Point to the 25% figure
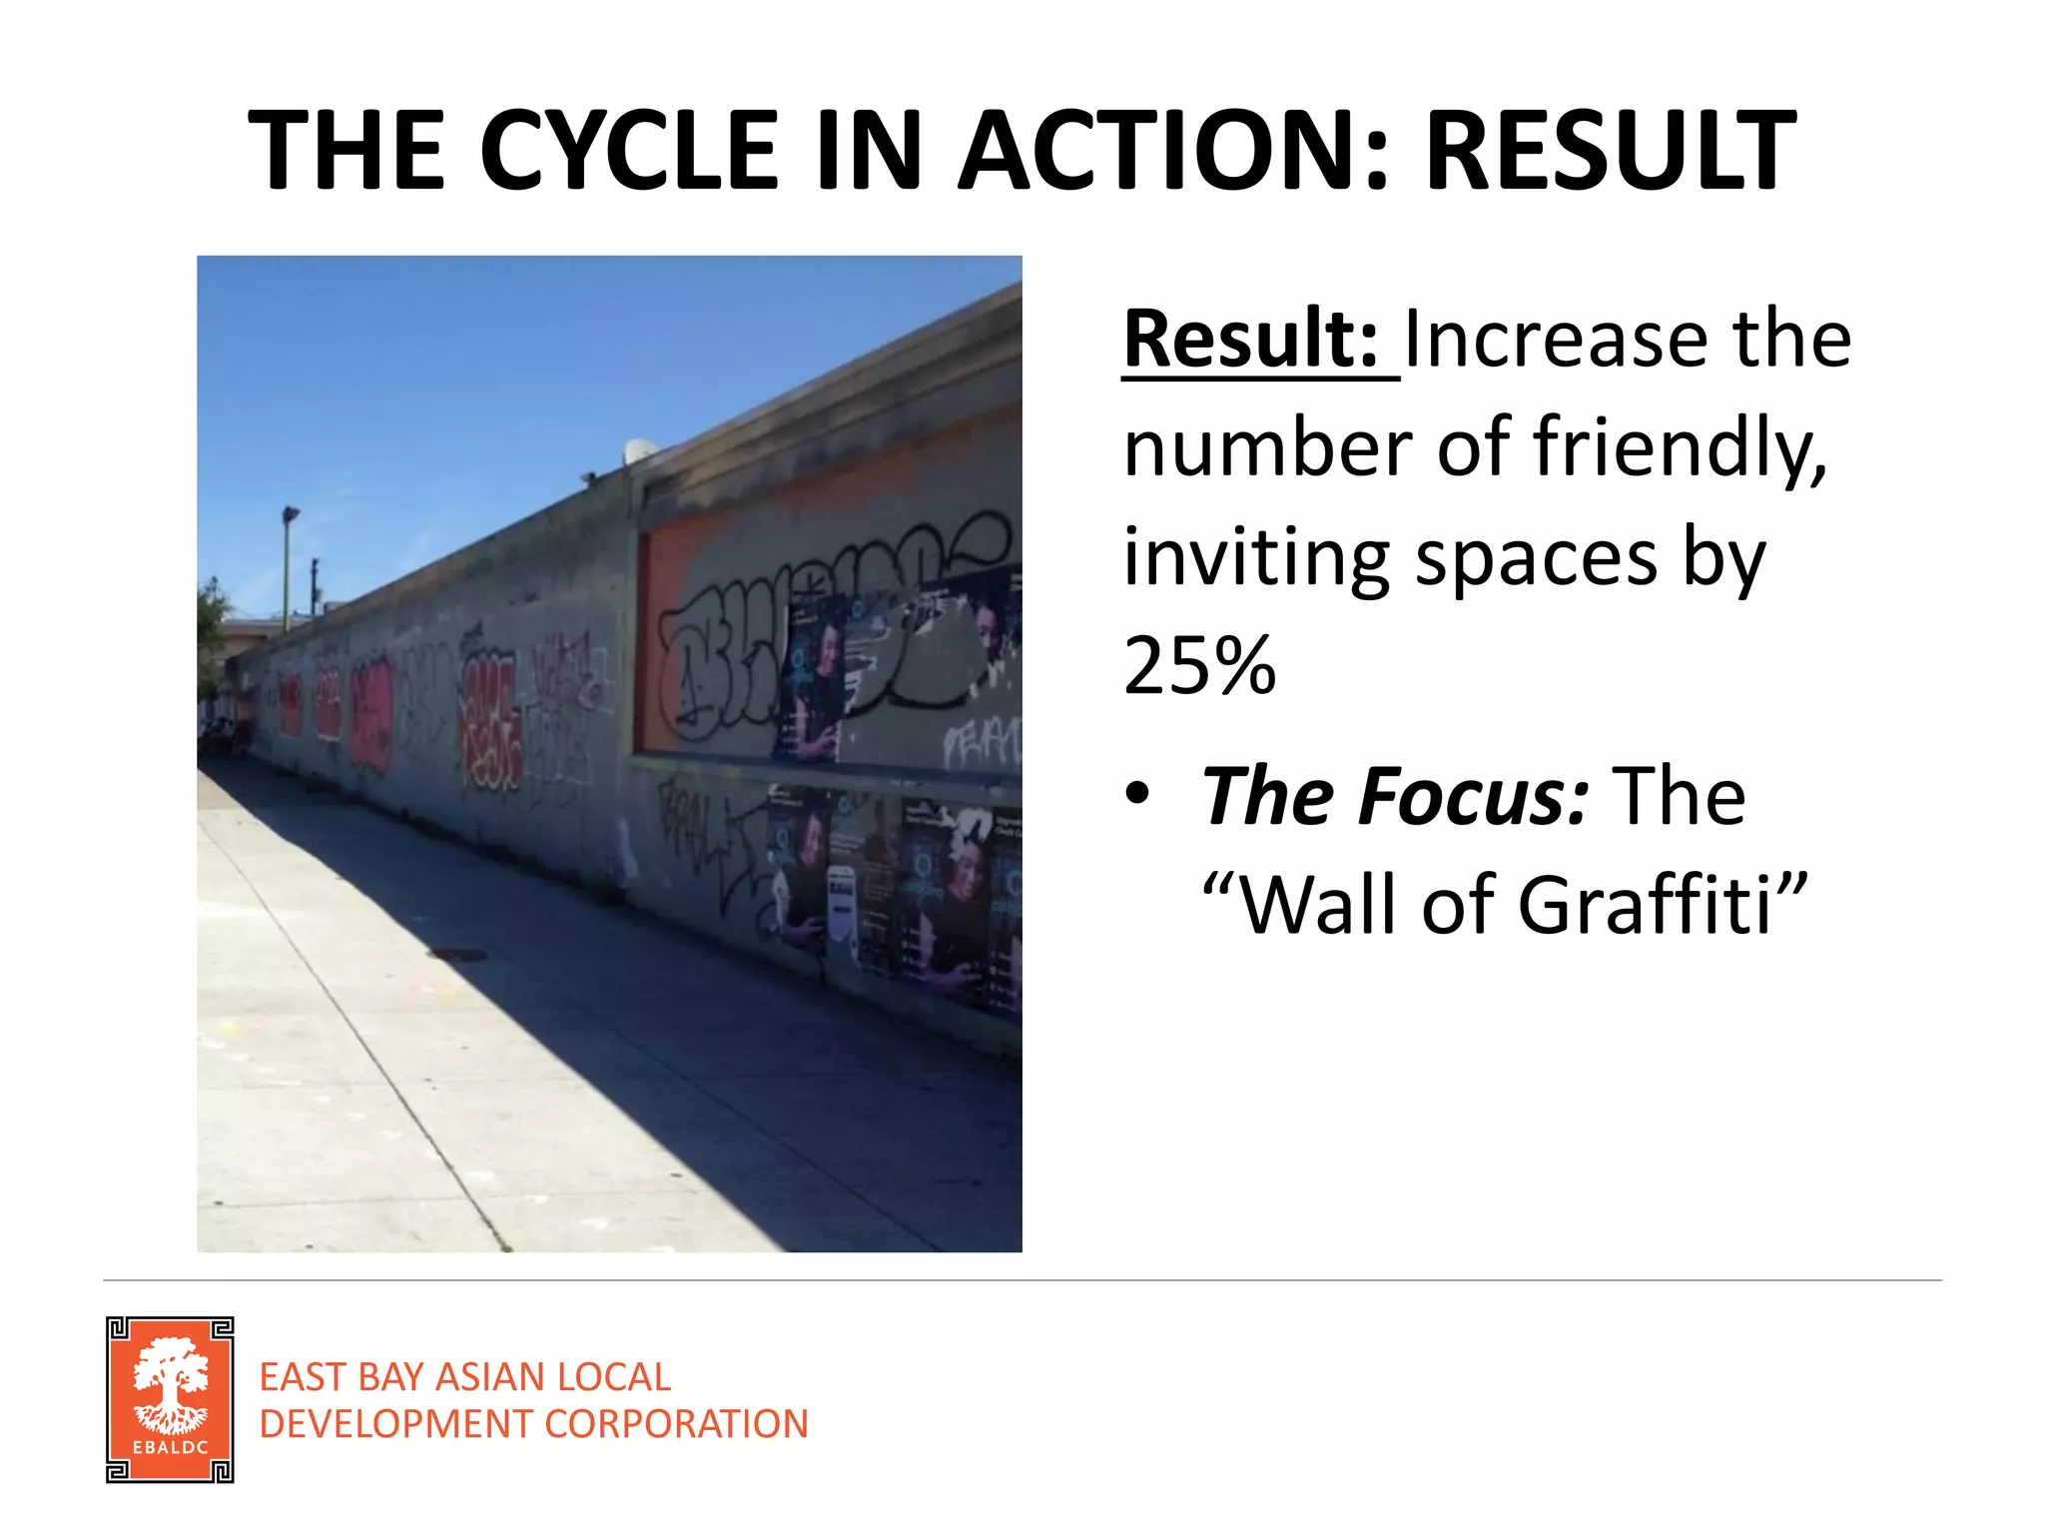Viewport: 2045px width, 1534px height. [x=1199, y=665]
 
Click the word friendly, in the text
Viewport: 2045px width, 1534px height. [x=1681, y=446]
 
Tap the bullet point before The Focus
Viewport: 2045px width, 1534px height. [x=1137, y=795]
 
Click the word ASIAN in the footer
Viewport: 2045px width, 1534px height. [x=488, y=1377]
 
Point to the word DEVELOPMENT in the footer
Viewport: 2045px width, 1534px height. [x=396, y=1424]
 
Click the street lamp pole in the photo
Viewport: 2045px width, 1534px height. [x=287, y=569]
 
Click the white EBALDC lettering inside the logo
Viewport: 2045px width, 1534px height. [x=170, y=1447]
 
